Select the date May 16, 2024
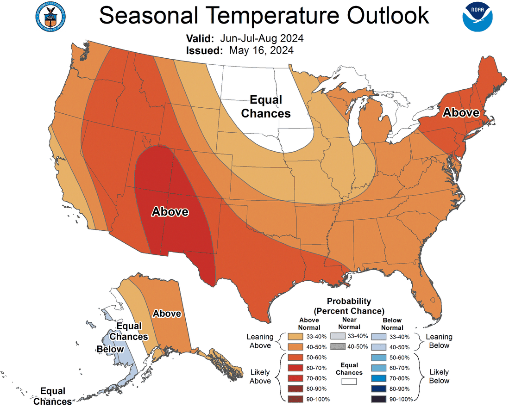pos(261,50)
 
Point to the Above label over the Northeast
pos(460,112)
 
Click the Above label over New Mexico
pos(170,212)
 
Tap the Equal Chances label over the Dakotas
pos(266,106)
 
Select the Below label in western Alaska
pos(110,349)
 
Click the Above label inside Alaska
pos(167,314)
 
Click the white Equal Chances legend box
pos(349,382)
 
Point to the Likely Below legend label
pos(439,376)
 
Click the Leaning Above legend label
pos(260,341)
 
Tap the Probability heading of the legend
pos(349,301)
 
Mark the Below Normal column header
pos(392,323)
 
